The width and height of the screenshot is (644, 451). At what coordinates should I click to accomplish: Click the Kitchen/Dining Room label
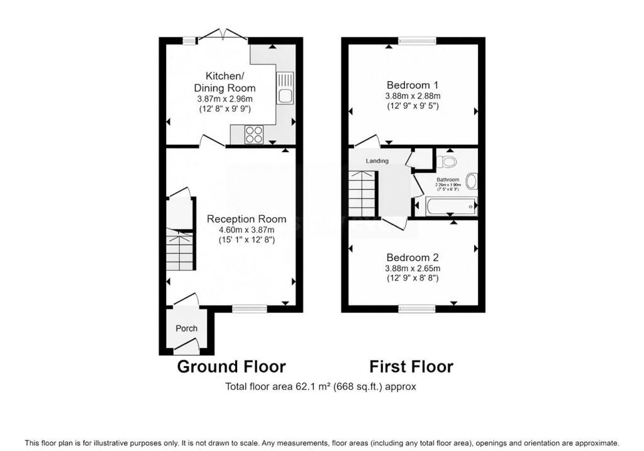coord(225,82)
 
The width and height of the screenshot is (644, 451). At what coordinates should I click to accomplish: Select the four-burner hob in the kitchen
coord(255,134)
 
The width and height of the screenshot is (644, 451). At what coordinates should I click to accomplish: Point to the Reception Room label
coord(247,219)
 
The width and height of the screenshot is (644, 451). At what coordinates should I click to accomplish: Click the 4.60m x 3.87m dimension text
coord(247,230)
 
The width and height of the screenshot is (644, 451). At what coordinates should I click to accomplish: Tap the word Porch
coord(186,328)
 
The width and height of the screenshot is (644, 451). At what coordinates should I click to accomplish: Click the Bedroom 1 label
coord(413,85)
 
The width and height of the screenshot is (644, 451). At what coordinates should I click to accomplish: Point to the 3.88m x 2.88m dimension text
coord(413,96)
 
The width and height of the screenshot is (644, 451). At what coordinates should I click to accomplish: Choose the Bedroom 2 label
coord(413,257)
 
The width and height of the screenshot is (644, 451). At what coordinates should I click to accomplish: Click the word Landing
coord(378,161)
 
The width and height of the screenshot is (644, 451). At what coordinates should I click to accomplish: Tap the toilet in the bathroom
coord(447,162)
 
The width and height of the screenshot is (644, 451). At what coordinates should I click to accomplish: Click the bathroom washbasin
coord(472,182)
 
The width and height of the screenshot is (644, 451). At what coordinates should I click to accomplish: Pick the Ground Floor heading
coord(231,367)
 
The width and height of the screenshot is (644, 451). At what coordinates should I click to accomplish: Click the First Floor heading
coord(411,367)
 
